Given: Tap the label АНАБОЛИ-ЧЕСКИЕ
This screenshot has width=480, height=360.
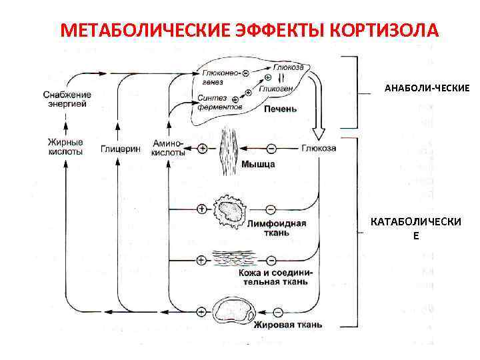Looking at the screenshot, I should tap(427, 88).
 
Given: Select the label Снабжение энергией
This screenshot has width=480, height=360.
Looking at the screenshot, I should tap(67, 99).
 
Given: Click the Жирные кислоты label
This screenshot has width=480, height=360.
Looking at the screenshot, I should tap(65, 147).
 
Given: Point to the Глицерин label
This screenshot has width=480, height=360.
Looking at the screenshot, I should tap(121, 148).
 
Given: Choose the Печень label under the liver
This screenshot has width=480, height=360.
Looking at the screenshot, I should tap(280, 109).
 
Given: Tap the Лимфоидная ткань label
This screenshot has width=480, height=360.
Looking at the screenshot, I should tap(277, 228).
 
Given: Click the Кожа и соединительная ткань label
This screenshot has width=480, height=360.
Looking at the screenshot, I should tap(273, 277).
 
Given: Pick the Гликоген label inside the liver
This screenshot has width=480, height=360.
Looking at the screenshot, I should tap(275, 87).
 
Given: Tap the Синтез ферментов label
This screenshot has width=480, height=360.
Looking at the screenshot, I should tap(215, 103).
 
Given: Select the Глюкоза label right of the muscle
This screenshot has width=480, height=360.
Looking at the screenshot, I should tap(319, 148).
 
